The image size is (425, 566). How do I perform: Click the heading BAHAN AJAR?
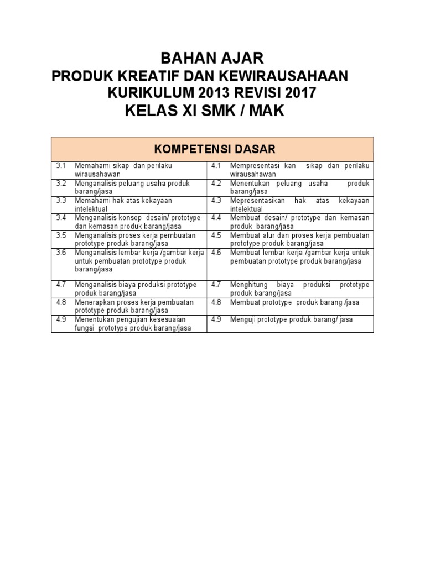(212, 58)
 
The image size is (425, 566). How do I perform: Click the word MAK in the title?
(261, 111)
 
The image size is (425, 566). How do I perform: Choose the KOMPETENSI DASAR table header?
(212, 149)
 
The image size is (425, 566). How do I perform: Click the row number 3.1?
(61, 166)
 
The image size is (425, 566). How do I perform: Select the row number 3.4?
(61, 218)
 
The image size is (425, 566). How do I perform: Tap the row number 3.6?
(61, 253)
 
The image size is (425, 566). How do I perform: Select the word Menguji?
(242, 319)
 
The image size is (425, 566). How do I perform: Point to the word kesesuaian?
(165, 319)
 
